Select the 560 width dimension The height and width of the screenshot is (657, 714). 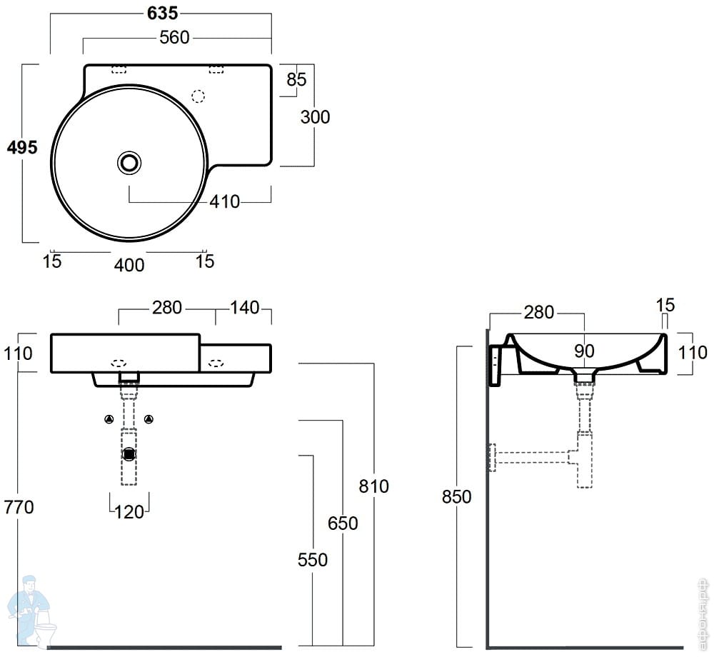click(x=174, y=37)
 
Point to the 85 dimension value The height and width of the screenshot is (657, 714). click(x=296, y=79)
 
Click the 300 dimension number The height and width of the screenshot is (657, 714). click(x=315, y=116)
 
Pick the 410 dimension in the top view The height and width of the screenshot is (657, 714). click(x=225, y=202)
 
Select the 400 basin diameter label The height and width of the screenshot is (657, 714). click(x=129, y=265)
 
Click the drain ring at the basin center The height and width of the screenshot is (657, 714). click(x=129, y=163)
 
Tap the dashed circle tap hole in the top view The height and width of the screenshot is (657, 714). click(x=199, y=96)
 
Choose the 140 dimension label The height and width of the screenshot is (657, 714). click(x=244, y=309)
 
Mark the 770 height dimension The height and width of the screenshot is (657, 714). click(x=19, y=507)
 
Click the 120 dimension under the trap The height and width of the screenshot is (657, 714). click(x=129, y=511)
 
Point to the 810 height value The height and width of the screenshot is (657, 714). click(x=374, y=486)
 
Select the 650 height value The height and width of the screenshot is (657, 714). click(x=343, y=523)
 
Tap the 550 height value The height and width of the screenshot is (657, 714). click(x=313, y=559)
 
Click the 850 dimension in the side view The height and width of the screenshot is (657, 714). click(x=457, y=496)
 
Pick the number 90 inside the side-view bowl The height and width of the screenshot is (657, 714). click(x=585, y=351)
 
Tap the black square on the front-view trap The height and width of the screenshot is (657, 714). click(x=129, y=453)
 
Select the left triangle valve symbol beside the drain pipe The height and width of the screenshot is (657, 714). click(x=109, y=418)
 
